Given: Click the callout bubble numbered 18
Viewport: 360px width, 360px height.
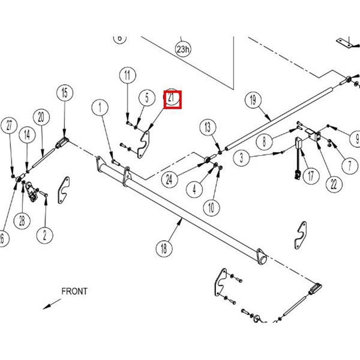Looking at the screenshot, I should (x=164, y=248).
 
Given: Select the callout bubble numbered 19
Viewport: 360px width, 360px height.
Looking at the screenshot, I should (x=253, y=100).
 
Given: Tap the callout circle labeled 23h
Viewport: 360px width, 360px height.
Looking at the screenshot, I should (x=183, y=49).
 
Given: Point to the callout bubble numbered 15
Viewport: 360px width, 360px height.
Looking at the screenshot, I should (x=64, y=93).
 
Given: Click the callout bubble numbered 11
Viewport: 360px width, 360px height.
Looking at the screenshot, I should (x=127, y=76).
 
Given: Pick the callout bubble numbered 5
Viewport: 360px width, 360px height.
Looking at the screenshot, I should (x=147, y=98).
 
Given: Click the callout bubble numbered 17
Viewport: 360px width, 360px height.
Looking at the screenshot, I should (x=311, y=176).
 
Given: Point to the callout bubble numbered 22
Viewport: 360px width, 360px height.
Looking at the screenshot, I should (x=334, y=184).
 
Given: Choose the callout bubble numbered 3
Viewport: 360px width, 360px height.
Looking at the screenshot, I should (x=241, y=157).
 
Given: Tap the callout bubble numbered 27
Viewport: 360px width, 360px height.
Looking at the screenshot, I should (x=9, y=126).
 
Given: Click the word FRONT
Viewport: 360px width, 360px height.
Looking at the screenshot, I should (x=74, y=291).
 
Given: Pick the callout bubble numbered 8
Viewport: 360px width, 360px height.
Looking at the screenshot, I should (x=265, y=141).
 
